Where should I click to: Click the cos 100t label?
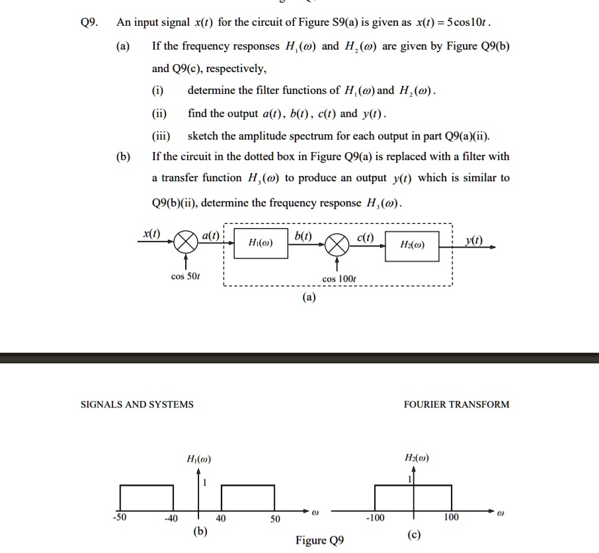[x=339, y=280]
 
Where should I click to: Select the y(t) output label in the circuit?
[x=473, y=239]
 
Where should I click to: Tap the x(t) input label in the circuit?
[x=151, y=234]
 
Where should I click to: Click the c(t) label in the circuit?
[x=366, y=237]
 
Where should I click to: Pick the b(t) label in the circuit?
[x=303, y=236]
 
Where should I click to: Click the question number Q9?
[x=89, y=22]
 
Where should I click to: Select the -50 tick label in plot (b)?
[x=120, y=519]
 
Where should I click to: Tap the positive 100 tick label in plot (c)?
[x=451, y=518]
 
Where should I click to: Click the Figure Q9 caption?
[x=319, y=540]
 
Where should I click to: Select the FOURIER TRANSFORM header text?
[x=456, y=404]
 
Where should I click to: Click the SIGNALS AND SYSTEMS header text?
[x=137, y=404]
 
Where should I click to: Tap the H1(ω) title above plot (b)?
[x=199, y=459]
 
